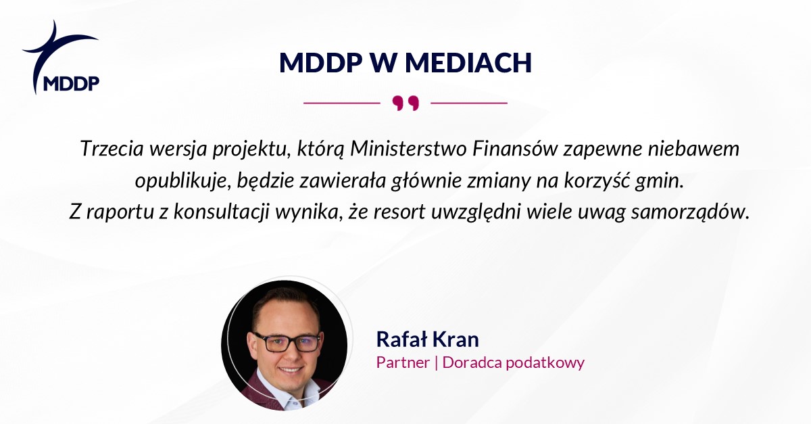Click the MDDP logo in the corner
click(61, 57)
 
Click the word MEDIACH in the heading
click(468, 63)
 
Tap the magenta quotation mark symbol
click(405, 103)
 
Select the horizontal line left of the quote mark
click(342, 103)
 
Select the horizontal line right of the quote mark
click(469, 103)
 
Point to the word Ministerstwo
click(408, 149)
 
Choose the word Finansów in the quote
click(514, 149)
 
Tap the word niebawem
click(693, 149)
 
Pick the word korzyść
click(597, 181)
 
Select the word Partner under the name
click(403, 362)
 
